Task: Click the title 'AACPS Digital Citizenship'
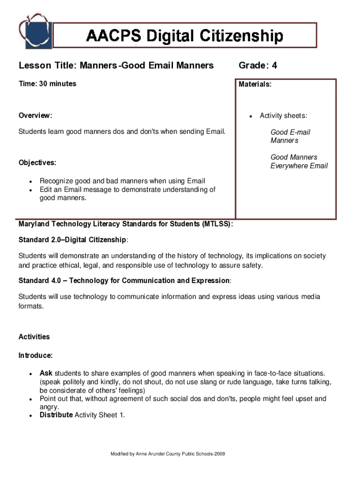(x=185, y=36)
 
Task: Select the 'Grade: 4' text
(x=258, y=65)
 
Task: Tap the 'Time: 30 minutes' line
(x=47, y=84)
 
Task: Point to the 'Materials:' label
(x=255, y=85)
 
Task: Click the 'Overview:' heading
(x=36, y=116)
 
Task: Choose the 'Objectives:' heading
(x=37, y=163)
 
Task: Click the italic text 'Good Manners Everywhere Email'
(x=299, y=161)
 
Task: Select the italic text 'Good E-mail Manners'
(x=290, y=136)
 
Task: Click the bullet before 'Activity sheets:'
(x=251, y=116)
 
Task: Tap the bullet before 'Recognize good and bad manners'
(x=30, y=181)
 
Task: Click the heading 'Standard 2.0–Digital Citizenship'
(x=72, y=240)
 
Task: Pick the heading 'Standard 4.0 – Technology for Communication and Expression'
(x=124, y=281)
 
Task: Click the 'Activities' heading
(x=34, y=337)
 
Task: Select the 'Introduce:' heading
(x=36, y=356)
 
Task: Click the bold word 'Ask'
(x=46, y=373)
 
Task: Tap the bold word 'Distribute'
(x=56, y=415)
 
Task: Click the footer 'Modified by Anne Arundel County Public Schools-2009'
(x=168, y=454)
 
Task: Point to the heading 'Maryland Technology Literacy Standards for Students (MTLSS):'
(x=126, y=224)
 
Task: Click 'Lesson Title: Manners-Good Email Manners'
(x=116, y=65)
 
